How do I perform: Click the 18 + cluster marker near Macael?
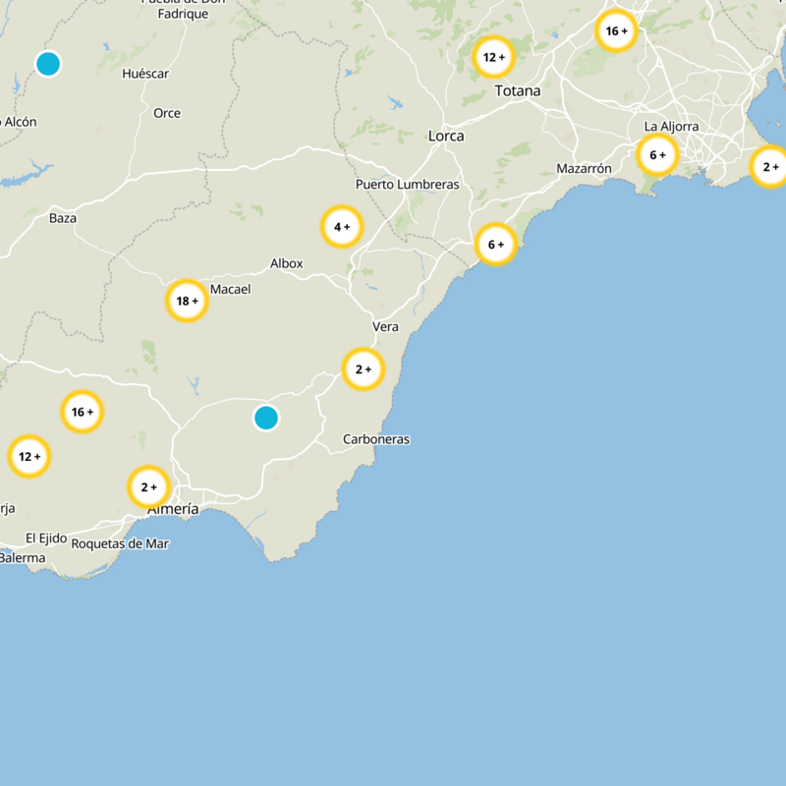pyautogui.click(x=187, y=301)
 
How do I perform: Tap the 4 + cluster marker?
pyautogui.click(x=342, y=227)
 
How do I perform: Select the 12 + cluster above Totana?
pyautogui.click(x=493, y=57)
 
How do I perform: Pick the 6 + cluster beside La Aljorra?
pyautogui.click(x=657, y=154)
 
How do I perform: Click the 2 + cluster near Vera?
pyautogui.click(x=364, y=369)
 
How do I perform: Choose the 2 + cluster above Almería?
pyautogui.click(x=148, y=486)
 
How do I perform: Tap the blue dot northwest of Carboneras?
pyautogui.click(x=266, y=418)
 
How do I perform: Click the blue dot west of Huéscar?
pyautogui.click(x=48, y=64)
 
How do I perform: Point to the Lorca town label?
pyautogui.click(x=446, y=136)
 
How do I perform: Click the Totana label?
pyautogui.click(x=518, y=91)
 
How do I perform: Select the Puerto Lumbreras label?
pyautogui.click(x=407, y=185)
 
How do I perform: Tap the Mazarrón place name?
pyautogui.click(x=584, y=169)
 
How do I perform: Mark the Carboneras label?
pyautogui.click(x=376, y=439)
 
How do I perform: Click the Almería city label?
pyautogui.click(x=173, y=509)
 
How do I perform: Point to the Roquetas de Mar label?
pyautogui.click(x=120, y=543)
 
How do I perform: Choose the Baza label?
pyautogui.click(x=63, y=218)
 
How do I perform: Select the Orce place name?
pyautogui.click(x=167, y=113)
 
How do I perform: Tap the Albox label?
pyautogui.click(x=287, y=263)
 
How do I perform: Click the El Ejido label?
pyautogui.click(x=46, y=538)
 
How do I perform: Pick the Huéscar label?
pyautogui.click(x=146, y=74)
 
